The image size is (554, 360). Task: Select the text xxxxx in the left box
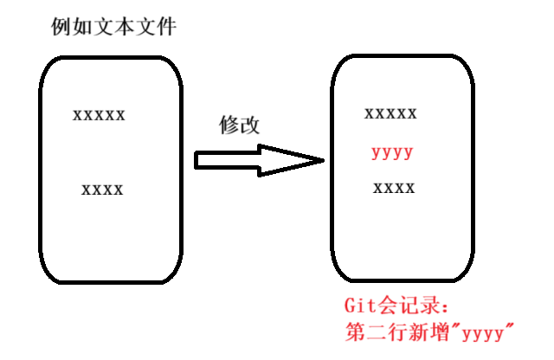tap(100, 114)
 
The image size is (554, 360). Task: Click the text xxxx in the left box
tap(102, 190)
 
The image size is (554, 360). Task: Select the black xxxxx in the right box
tap(391, 113)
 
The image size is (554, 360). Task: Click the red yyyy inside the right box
tap(392, 154)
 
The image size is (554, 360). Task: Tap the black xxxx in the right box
tap(394, 188)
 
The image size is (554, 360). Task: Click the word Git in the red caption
tap(360, 306)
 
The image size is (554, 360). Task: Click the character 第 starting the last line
tap(354, 331)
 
